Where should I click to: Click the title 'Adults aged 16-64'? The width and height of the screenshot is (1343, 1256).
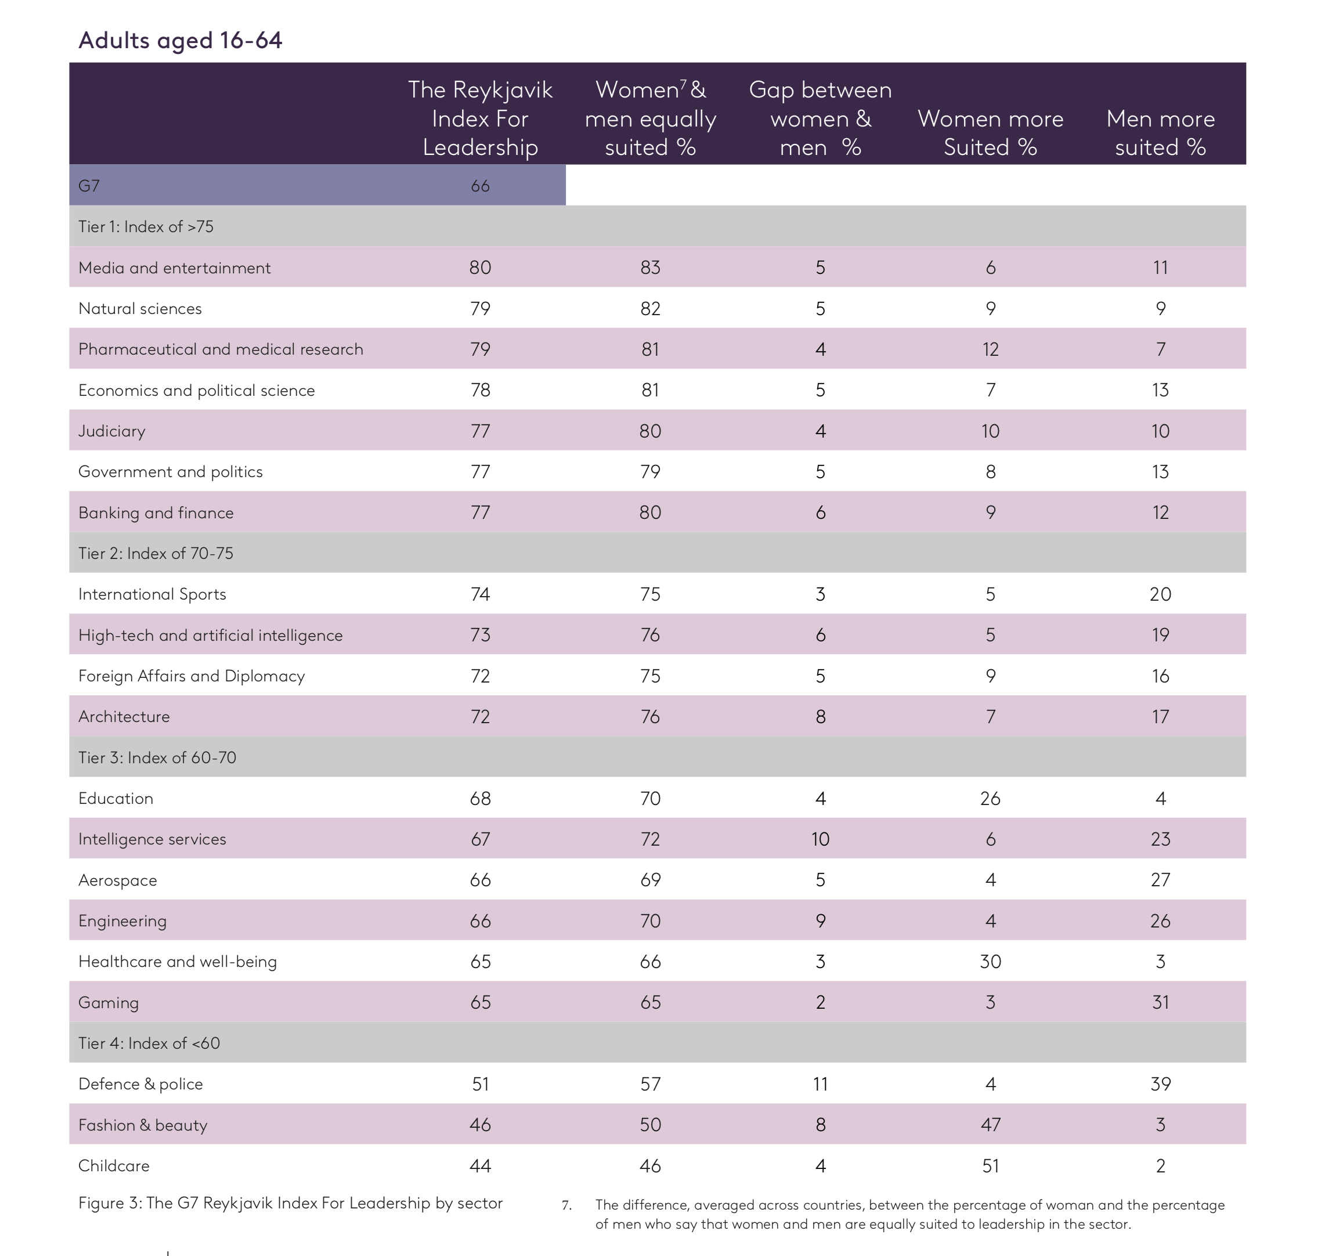(180, 41)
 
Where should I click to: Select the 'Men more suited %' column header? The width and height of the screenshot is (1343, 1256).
(1160, 132)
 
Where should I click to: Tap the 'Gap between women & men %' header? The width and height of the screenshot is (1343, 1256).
(820, 118)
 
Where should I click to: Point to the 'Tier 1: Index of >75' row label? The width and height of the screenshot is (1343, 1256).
(146, 226)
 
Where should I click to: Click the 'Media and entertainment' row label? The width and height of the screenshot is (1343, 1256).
(174, 268)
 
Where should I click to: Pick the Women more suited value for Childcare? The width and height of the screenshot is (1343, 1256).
(990, 1165)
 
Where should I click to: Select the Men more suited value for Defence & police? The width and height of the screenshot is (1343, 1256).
(1160, 1084)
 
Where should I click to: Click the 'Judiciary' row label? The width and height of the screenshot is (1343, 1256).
(111, 431)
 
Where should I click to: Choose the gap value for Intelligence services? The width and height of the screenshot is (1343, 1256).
(820, 839)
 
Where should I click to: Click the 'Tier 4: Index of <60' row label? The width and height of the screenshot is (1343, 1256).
(149, 1043)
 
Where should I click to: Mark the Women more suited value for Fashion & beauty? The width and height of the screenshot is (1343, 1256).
(990, 1124)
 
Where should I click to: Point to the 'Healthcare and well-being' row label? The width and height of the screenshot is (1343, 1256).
(178, 961)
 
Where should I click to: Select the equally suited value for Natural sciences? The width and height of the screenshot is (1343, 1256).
(650, 309)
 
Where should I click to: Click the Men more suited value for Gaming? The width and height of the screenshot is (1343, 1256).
(1160, 1002)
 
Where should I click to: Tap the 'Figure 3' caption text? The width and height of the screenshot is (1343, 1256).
(291, 1203)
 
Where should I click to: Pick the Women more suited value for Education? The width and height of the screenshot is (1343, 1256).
(990, 799)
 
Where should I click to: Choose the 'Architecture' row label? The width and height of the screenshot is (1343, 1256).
(124, 717)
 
